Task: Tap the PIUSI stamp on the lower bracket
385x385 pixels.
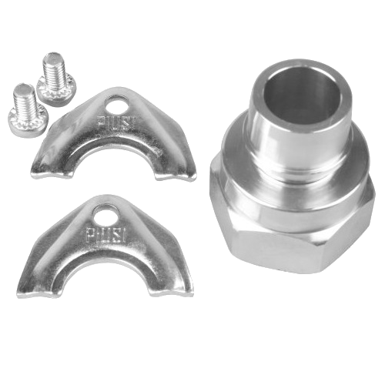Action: pyautogui.click(x=105, y=233)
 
